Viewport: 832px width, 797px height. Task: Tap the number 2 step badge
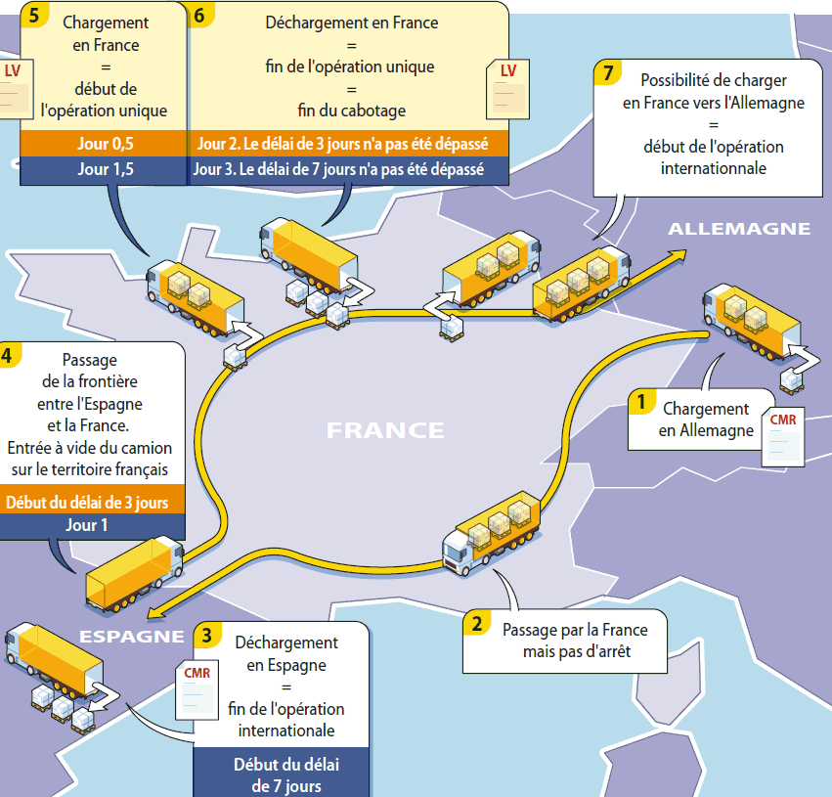pos(475,623)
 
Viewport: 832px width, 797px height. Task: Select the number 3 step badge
pos(206,635)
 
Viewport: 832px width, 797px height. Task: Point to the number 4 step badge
pos(9,353)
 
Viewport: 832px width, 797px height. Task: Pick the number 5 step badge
pos(34,17)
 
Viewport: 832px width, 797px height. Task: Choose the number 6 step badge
pos(199,17)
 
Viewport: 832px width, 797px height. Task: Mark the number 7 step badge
pos(609,72)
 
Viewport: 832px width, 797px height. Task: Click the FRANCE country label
pos(385,430)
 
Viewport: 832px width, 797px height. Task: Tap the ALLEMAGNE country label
pos(738,229)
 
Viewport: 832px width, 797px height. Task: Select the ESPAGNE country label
pos(132,637)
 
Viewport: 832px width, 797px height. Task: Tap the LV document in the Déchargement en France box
pos(507,87)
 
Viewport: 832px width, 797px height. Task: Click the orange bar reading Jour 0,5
pos(104,145)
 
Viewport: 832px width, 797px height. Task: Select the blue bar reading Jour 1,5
pos(104,169)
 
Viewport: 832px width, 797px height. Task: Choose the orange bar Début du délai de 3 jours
pos(92,504)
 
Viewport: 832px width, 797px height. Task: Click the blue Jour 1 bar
pos(92,526)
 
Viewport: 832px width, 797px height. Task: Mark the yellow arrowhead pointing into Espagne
pos(154,613)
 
